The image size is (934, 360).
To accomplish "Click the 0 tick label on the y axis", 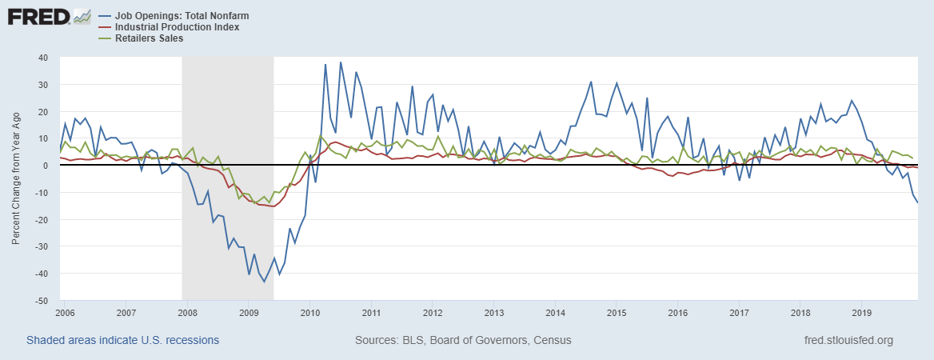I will pos(46,166).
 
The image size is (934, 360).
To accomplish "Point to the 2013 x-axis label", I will pos(493,311).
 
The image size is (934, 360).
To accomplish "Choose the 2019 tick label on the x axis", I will pos(861,311).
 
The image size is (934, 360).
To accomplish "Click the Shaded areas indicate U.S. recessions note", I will pos(122,340).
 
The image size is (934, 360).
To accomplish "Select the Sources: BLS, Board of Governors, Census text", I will pos(463,340).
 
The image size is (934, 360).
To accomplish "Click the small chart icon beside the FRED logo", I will pos(82,16).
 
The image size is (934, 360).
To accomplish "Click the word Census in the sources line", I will pos(552,340).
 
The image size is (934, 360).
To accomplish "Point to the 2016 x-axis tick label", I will pos(677,311).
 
